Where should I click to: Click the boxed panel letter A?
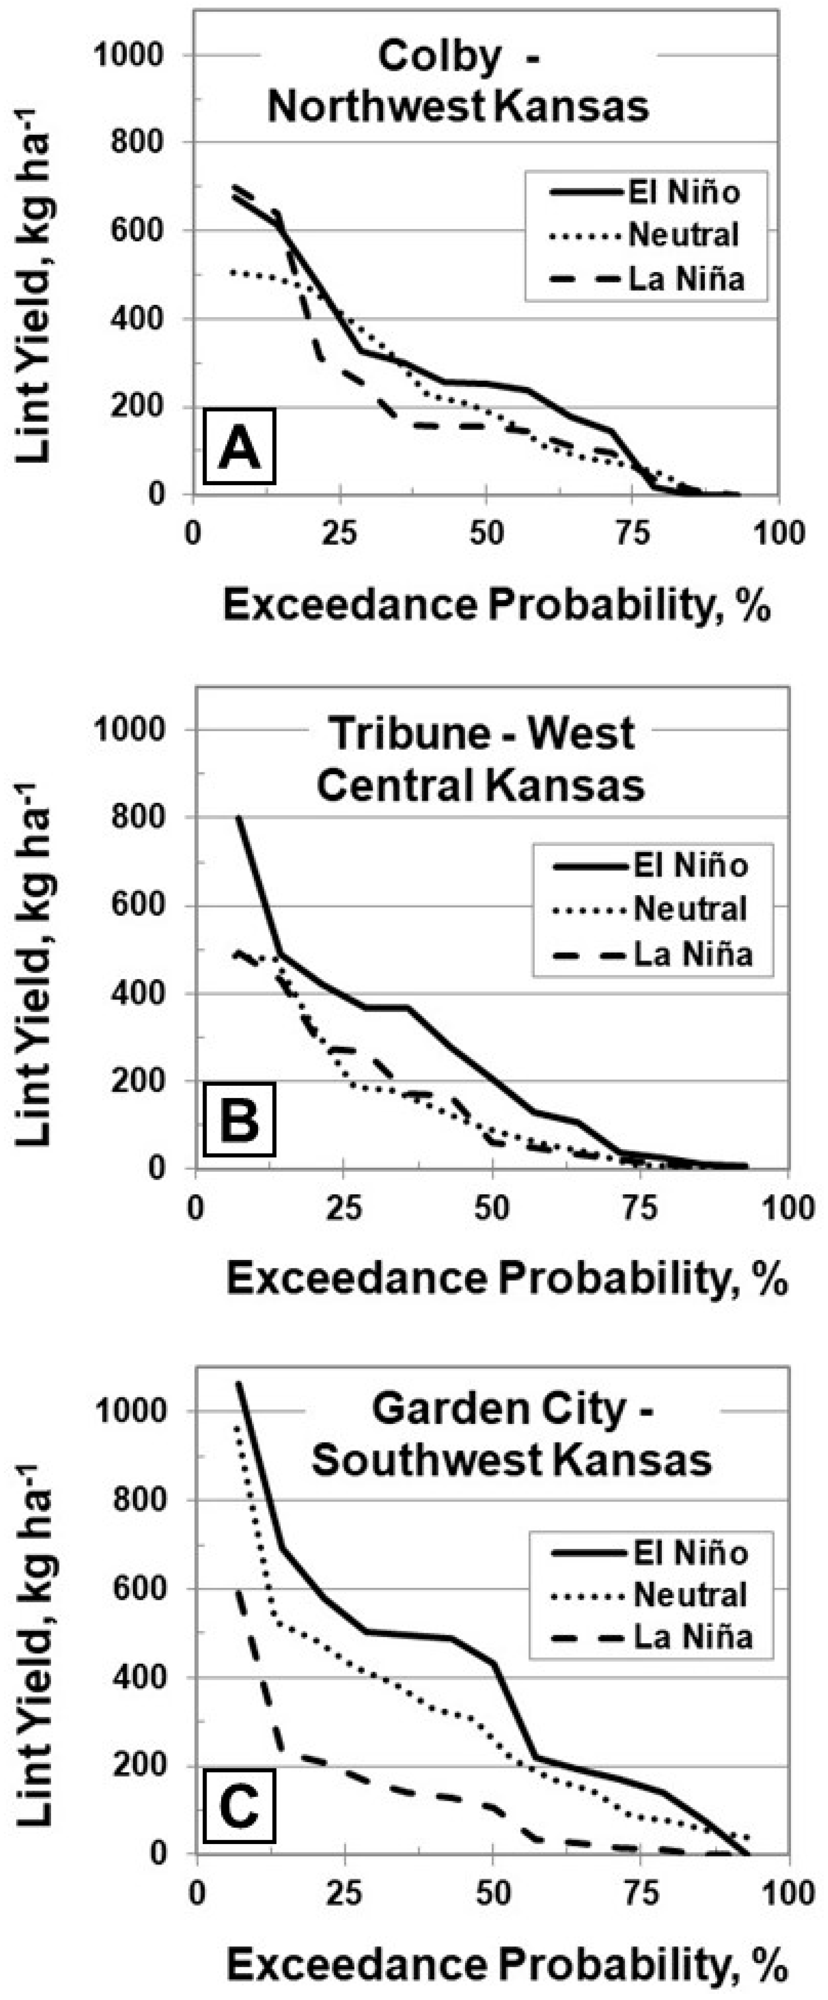(x=239, y=450)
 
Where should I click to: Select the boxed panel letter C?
(x=239, y=1807)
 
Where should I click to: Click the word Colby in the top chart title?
(x=439, y=58)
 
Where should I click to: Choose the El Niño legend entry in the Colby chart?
(x=683, y=192)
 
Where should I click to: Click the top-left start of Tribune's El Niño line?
(x=239, y=817)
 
